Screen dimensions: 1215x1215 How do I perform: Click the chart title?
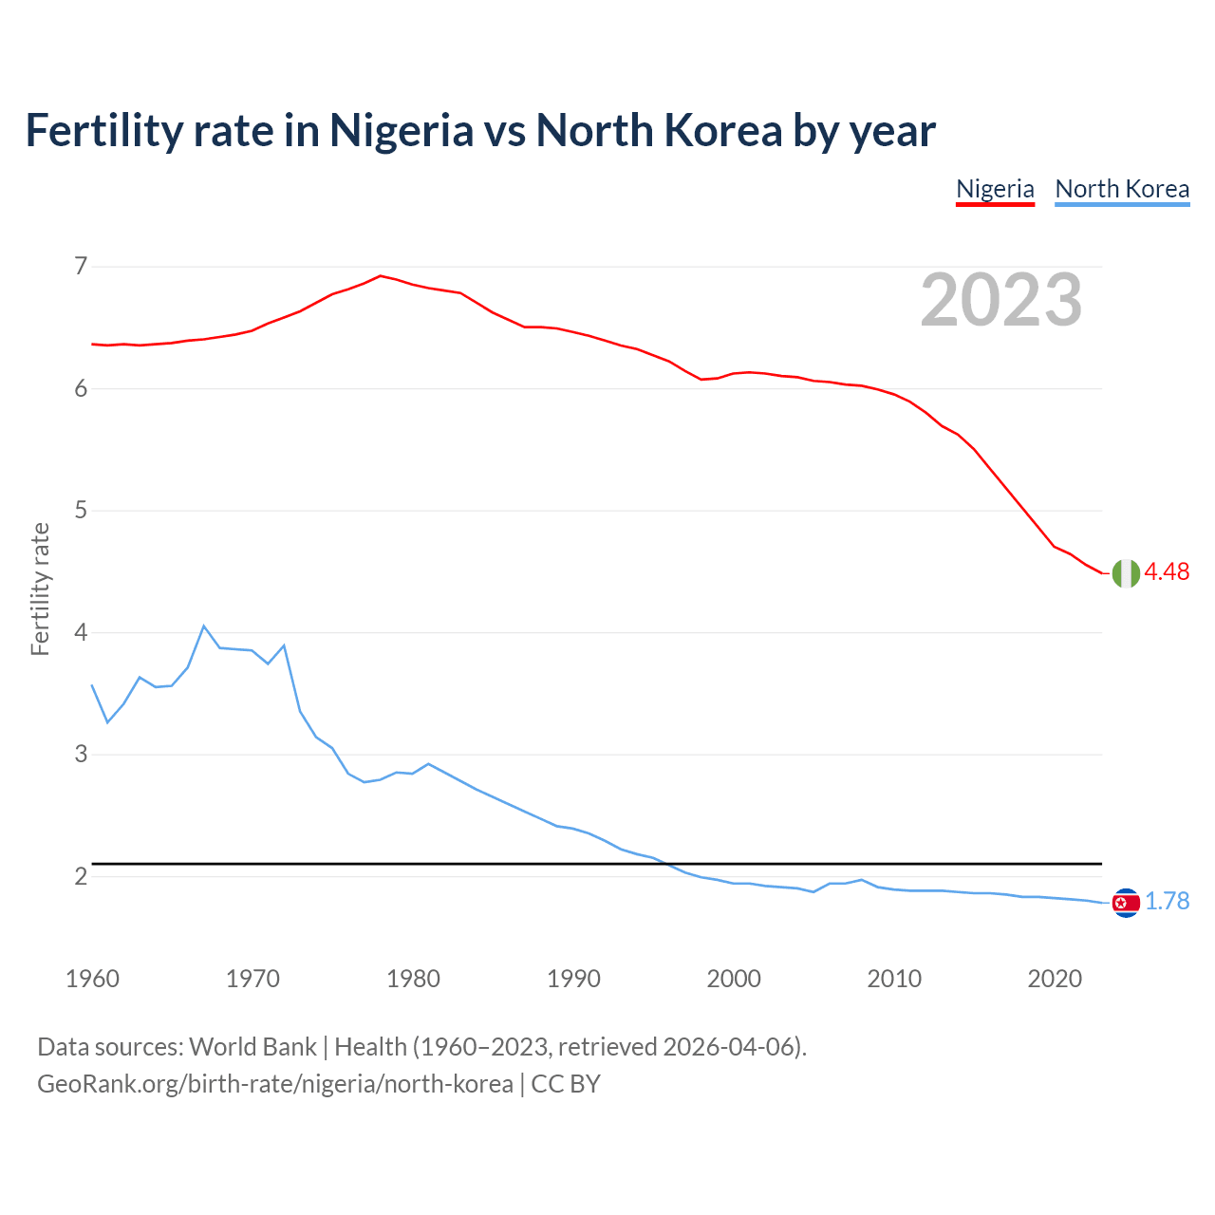pyautogui.click(x=480, y=131)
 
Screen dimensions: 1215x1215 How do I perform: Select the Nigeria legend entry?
pyautogui.click(x=995, y=189)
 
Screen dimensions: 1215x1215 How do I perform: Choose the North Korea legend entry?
pyautogui.click(x=1122, y=189)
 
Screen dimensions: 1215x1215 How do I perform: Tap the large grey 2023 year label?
pyautogui.click(x=1001, y=300)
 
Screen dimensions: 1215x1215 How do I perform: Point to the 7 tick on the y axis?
pyautogui.click(x=80, y=266)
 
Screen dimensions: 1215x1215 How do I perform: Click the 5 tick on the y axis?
pyautogui.click(x=80, y=511)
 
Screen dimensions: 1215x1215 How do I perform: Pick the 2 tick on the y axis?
pyautogui.click(x=80, y=876)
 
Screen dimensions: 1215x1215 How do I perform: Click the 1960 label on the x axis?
pyautogui.click(x=92, y=979)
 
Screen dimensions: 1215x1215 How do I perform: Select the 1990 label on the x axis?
pyautogui.click(x=573, y=979)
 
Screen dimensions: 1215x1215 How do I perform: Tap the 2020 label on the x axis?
pyautogui.click(x=1055, y=979)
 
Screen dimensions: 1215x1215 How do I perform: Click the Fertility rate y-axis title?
pyautogui.click(x=40, y=589)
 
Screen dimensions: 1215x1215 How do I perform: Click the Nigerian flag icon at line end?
pyautogui.click(x=1126, y=573)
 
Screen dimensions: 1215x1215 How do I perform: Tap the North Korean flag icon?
pyautogui.click(x=1126, y=903)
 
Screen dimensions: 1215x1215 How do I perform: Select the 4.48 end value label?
pyautogui.click(x=1167, y=571)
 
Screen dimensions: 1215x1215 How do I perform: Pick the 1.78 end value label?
pyautogui.click(x=1167, y=901)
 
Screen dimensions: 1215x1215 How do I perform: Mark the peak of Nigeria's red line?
pyautogui.click(x=381, y=275)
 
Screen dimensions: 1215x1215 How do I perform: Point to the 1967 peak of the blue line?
pyautogui.click(x=203, y=626)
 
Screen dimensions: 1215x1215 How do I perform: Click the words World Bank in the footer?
pyautogui.click(x=252, y=1047)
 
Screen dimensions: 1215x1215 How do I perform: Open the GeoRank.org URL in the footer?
pyautogui.click(x=274, y=1084)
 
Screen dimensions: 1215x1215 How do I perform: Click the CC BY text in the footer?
pyautogui.click(x=566, y=1084)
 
